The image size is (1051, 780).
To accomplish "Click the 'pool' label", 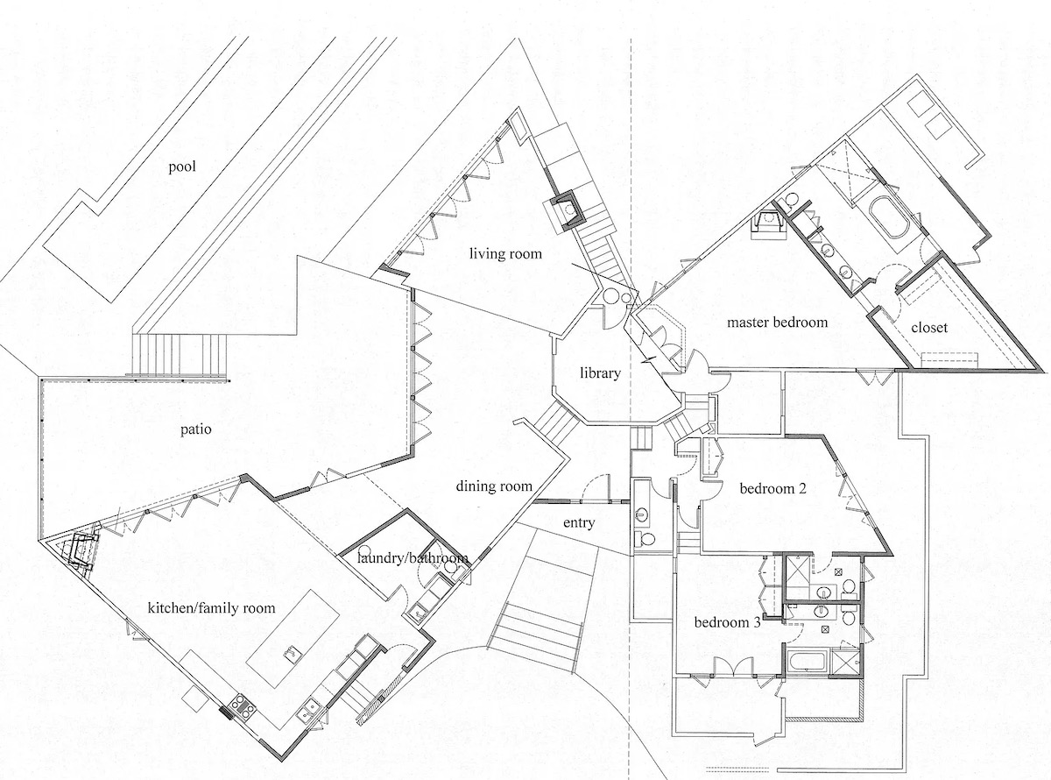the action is [x=182, y=167].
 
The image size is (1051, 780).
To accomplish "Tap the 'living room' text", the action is [x=505, y=253].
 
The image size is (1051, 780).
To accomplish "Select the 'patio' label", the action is [x=195, y=430].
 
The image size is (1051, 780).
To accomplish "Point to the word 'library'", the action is [x=600, y=373].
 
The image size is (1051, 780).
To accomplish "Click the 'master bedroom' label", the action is [x=777, y=323].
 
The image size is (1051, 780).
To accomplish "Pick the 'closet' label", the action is [x=929, y=328].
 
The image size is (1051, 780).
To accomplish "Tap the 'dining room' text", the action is [x=494, y=486].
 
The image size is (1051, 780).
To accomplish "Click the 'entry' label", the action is [x=579, y=523].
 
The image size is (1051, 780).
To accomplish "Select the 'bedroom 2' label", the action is [x=772, y=488].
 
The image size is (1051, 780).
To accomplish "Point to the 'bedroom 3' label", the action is [x=727, y=622].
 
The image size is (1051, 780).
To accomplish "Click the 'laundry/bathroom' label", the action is [x=413, y=558].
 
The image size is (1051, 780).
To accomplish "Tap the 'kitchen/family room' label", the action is [x=211, y=608].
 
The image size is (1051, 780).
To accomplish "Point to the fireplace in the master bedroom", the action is [x=768, y=224].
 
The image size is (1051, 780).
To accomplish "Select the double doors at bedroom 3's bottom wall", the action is [x=733, y=667].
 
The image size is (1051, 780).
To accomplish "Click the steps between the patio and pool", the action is [x=180, y=356].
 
